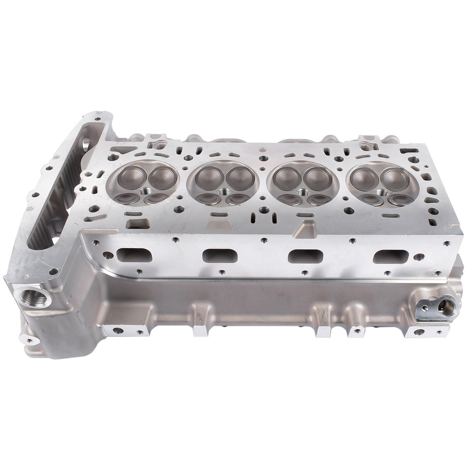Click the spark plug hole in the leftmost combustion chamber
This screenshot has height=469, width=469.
(x=146, y=192)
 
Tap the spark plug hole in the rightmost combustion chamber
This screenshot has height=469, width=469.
(x=381, y=192)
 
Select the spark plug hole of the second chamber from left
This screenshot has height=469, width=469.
(x=224, y=192)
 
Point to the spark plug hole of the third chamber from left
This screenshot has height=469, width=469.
(x=303, y=192)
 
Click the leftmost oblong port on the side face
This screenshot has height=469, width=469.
(x=133, y=255)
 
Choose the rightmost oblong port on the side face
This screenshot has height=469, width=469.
(x=390, y=256)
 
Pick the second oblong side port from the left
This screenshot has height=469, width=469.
(x=220, y=255)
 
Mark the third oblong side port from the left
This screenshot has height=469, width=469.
(x=305, y=256)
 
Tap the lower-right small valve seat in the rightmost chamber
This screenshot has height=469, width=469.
(x=399, y=199)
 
